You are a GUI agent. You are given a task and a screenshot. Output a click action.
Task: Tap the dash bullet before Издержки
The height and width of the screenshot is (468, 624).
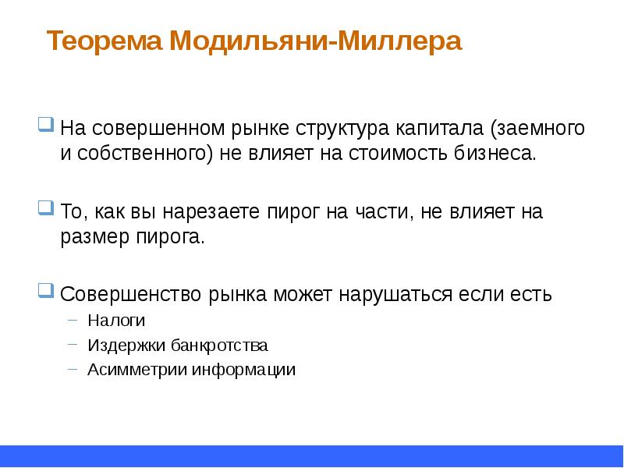click(73, 344)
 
